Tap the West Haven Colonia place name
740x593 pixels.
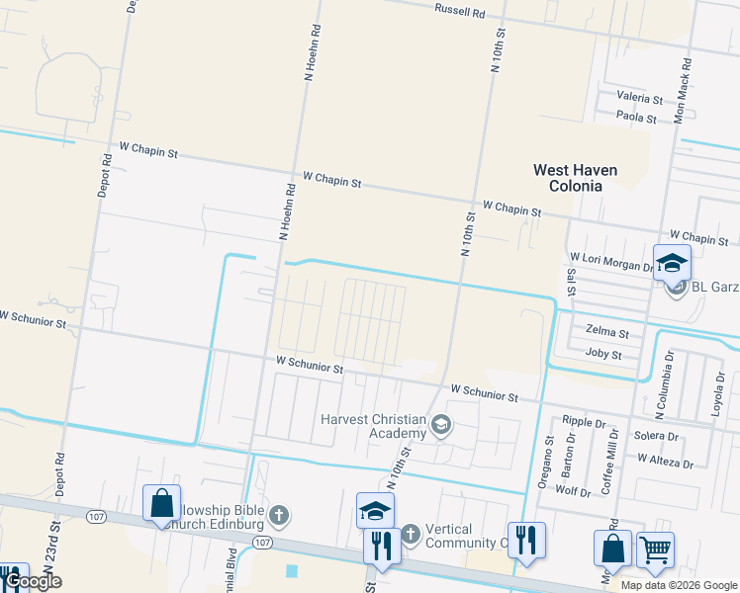[x=575, y=178]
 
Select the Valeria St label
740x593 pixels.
[x=639, y=99]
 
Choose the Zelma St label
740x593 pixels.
[x=607, y=333]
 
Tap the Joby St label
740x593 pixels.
[x=603, y=354]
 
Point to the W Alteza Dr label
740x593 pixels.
[x=665, y=460]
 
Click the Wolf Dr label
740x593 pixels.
[x=573, y=490]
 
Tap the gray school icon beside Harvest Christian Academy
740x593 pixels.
[x=441, y=426]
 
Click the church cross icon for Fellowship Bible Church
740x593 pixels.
[x=280, y=515]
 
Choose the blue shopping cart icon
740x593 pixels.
[x=655, y=551]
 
